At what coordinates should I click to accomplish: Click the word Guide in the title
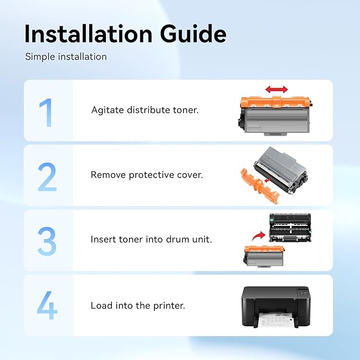click(x=194, y=34)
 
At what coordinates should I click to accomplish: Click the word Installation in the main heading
click(x=89, y=33)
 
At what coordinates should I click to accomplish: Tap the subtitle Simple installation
click(x=66, y=57)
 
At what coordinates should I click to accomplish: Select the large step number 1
click(x=46, y=112)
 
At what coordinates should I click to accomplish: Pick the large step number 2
click(x=47, y=177)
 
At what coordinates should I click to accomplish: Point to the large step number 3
click(x=47, y=241)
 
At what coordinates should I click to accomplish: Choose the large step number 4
click(x=47, y=305)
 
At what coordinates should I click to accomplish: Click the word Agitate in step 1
click(x=108, y=110)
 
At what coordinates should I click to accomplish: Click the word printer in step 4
click(x=169, y=306)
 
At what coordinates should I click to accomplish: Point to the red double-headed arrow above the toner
click(x=276, y=89)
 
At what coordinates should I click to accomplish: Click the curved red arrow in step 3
click(x=259, y=236)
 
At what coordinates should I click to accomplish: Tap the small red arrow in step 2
click(x=268, y=180)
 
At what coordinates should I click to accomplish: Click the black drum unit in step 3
click(x=290, y=228)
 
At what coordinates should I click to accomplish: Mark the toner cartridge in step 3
click(x=264, y=256)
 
